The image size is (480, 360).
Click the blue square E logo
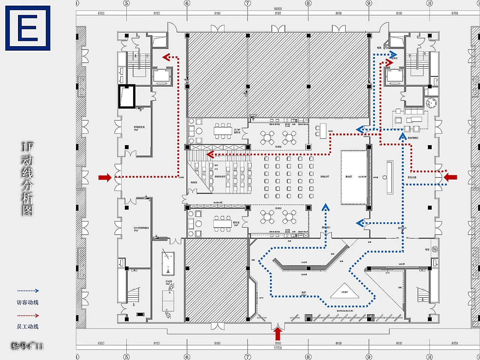click(28, 28)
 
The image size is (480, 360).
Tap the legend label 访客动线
click(27, 302)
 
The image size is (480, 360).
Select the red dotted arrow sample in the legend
click(28, 315)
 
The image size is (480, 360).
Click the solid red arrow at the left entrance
click(105, 177)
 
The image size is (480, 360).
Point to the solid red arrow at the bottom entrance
click(277, 333)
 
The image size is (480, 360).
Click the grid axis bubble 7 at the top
click(247, 3)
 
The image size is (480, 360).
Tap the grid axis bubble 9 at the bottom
click(369, 357)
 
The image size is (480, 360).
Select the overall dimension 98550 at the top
click(277, 9)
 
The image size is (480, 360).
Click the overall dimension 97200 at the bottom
click(277, 348)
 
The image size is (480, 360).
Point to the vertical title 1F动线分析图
click(27, 179)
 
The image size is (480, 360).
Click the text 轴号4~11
click(27, 346)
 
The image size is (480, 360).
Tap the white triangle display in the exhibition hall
click(344, 291)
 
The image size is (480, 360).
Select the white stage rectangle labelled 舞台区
click(354, 177)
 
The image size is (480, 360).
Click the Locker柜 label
click(217, 202)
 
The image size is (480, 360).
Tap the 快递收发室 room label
click(139, 128)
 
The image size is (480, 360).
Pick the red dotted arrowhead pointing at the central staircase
click(210, 154)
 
